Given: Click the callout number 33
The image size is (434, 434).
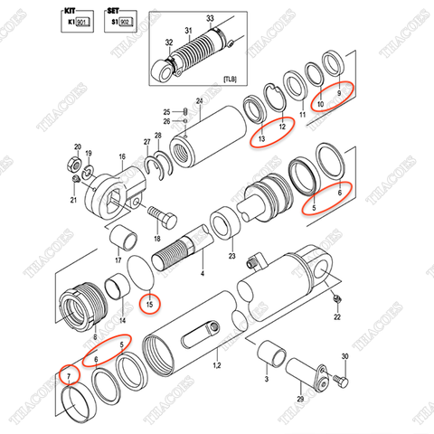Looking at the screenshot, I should tap(210, 18).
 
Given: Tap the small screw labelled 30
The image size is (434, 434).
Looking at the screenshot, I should tap(334, 385).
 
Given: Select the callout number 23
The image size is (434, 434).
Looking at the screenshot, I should tap(231, 257).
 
